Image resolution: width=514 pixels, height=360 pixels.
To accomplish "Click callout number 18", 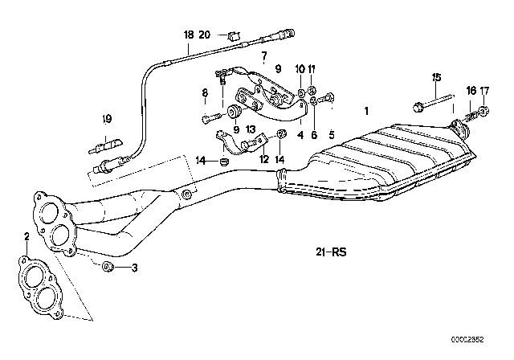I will coord(189,35).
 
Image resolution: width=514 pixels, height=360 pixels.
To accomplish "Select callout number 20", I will coord(204,35).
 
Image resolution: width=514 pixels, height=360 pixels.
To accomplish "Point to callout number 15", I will coord(437,78).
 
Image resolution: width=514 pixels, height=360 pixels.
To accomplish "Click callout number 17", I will coord(484,91).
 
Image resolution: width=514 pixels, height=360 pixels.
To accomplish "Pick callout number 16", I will coord(471,91).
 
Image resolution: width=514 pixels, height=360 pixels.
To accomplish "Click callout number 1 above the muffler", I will coord(367,110).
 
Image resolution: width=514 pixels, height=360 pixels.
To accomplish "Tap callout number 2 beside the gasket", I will coord(27,236).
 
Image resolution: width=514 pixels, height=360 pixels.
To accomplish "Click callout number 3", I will coord(135,268).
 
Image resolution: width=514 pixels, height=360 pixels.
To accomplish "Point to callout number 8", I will coord(205,93).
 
